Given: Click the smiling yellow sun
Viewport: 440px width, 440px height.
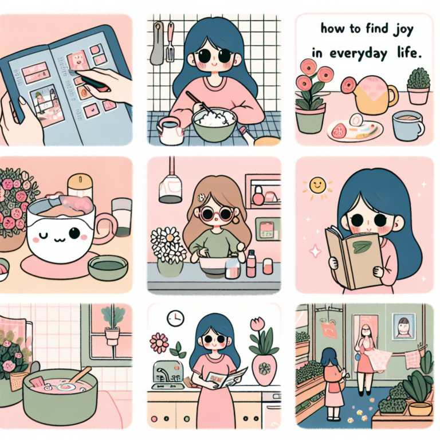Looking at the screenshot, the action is pos(317,185).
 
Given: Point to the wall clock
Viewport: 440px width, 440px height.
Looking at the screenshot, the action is pos(175,318).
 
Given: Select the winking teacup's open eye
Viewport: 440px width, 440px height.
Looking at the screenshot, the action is pos(74,233).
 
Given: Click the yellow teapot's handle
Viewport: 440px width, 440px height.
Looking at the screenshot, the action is pos(393,96).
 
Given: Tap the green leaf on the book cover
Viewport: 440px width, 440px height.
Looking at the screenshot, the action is pos(360,246).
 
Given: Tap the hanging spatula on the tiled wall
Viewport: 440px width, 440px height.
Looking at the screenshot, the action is pos(170,42).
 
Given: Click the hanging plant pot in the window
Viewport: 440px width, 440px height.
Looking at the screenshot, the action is pos(112,335).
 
